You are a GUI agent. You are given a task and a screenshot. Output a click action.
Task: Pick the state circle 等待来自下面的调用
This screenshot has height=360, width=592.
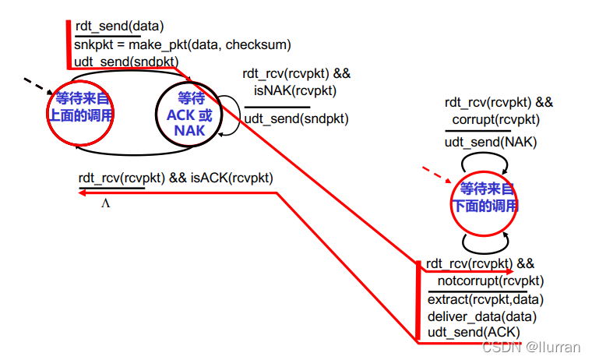pos(485,198)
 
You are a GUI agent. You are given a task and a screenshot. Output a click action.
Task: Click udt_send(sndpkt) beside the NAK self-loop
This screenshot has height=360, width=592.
pos(297,119)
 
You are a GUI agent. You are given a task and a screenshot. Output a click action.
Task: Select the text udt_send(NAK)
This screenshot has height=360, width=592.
pos(491,143)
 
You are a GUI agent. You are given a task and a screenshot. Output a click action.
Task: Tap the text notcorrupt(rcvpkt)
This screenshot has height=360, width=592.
pos(491,281)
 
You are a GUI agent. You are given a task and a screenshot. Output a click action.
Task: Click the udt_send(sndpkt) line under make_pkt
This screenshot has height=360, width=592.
pos(126,62)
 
